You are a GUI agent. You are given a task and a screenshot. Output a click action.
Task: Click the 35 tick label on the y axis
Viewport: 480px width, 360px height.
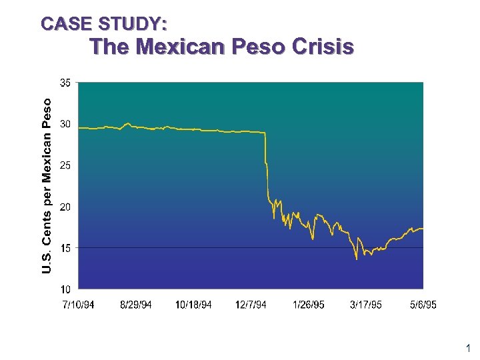[x=66, y=83]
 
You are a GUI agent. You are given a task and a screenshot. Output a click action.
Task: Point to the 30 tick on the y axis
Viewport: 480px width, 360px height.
[x=66, y=124]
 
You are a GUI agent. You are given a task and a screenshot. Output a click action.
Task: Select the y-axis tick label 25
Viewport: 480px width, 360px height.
[x=66, y=165]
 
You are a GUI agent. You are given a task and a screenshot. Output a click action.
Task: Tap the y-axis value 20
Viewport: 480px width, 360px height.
[x=66, y=207]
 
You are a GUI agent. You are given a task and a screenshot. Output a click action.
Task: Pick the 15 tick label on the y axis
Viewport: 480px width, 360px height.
[x=66, y=248]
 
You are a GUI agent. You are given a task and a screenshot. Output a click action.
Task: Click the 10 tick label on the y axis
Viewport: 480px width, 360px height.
[x=66, y=289]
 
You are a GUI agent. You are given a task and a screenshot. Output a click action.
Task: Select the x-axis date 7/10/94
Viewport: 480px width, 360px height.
[x=78, y=305]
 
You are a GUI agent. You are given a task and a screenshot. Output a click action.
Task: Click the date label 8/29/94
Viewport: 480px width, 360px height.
[x=136, y=305]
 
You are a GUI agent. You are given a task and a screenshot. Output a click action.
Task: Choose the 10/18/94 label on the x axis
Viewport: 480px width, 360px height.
[x=193, y=305]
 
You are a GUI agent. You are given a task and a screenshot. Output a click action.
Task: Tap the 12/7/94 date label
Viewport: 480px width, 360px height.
[x=251, y=305]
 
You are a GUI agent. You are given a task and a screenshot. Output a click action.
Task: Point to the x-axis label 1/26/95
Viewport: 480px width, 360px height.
[x=309, y=305]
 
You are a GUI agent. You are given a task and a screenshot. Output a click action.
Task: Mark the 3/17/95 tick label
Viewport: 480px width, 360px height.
[x=366, y=305]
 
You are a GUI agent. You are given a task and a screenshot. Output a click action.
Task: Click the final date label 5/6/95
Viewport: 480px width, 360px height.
[x=423, y=305]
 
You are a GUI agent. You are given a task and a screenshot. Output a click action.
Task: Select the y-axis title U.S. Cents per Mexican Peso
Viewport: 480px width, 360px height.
[x=46, y=185]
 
